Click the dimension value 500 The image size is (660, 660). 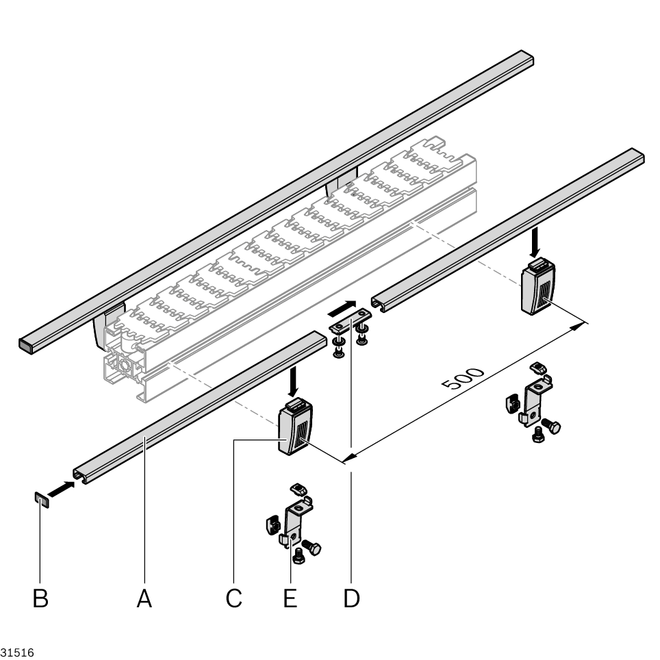click(463, 380)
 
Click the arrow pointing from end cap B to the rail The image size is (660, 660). click(61, 489)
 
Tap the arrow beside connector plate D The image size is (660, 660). click(342, 307)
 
